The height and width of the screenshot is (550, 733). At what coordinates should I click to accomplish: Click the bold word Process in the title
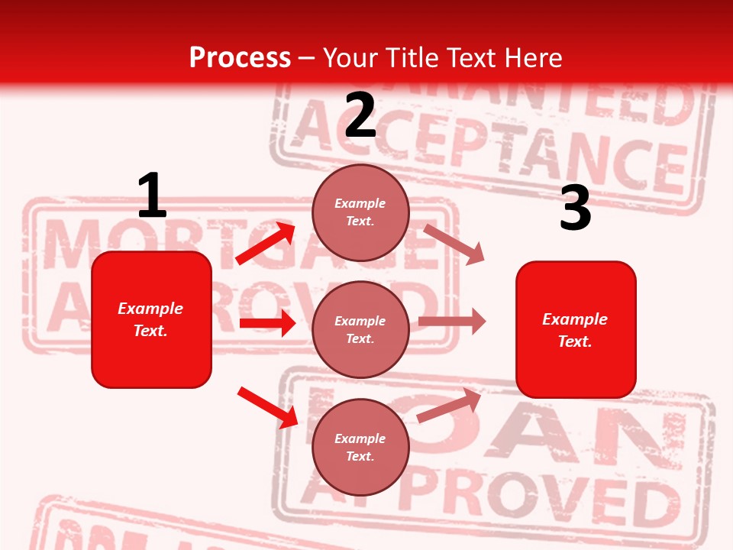click(240, 57)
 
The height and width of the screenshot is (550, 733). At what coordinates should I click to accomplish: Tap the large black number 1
click(152, 196)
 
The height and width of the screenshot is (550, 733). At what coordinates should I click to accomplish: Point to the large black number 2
click(360, 115)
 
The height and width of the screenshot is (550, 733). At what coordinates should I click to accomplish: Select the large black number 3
click(575, 208)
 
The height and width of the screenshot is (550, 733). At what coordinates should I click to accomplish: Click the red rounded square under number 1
click(151, 319)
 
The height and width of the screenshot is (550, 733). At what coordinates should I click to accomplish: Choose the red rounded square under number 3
click(576, 329)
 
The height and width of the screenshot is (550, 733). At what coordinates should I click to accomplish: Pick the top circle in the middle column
click(360, 212)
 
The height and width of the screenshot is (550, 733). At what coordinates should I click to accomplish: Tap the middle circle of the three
click(360, 329)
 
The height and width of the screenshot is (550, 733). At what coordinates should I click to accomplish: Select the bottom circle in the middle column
click(360, 447)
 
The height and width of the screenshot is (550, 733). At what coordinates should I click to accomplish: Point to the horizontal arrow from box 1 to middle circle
click(267, 323)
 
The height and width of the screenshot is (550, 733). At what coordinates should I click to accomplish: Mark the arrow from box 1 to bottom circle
click(267, 407)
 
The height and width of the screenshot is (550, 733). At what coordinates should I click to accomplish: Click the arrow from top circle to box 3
click(454, 244)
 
